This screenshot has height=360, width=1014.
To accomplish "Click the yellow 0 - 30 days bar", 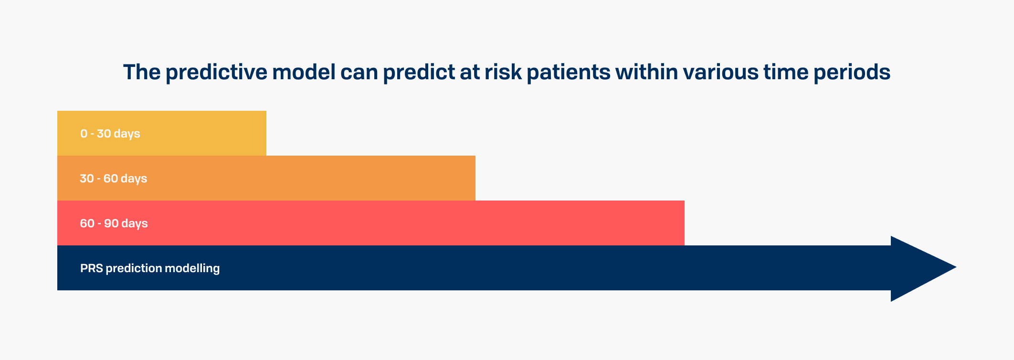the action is (x=162, y=133).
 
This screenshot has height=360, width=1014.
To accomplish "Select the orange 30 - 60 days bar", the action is (x=266, y=178).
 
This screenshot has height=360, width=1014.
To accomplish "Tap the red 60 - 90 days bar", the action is (x=371, y=223).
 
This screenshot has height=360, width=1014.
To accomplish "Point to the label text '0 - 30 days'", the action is (x=110, y=134).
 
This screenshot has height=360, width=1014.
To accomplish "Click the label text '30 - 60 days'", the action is (x=114, y=179).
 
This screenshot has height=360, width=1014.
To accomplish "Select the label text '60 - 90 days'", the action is (x=114, y=223).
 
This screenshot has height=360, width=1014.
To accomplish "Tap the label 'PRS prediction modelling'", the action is (x=150, y=268).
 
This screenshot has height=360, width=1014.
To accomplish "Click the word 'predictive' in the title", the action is (x=216, y=73).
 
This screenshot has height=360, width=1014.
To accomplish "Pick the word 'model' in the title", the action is (x=304, y=72).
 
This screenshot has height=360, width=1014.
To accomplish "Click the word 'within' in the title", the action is (x=646, y=72).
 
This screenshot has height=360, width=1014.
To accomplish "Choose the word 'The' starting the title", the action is (x=142, y=72).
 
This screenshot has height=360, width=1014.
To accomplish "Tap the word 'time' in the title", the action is (x=786, y=72).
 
